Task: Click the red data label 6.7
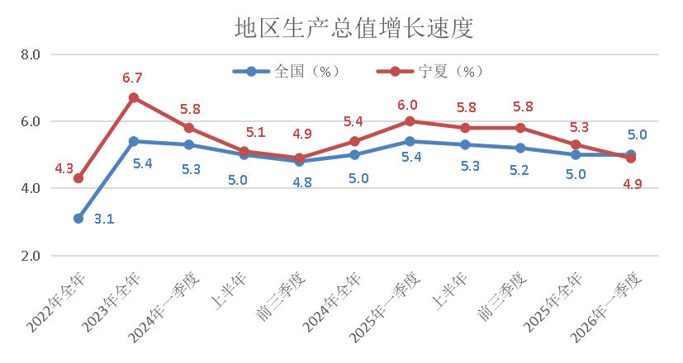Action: pos(133,78)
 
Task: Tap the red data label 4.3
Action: pos(64,169)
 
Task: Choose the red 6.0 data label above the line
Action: pos(407,105)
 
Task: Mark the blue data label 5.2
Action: pos(520,169)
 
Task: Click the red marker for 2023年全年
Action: pos(133,97)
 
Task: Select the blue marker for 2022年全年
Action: pos(78,219)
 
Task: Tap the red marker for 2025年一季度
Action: pos(410,121)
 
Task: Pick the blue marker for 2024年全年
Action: pos(354,154)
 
